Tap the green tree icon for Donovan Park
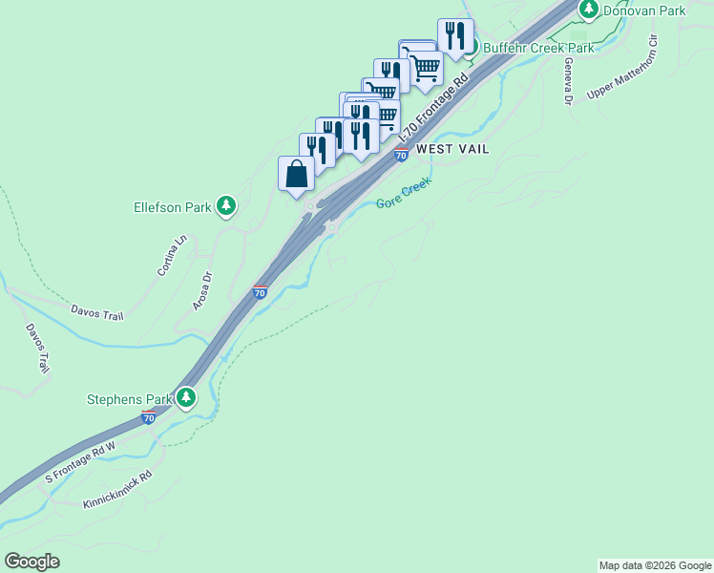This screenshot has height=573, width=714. coord(589,10)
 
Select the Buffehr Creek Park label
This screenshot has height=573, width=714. coord(538,48)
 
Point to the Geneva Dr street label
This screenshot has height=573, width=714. coord(567,81)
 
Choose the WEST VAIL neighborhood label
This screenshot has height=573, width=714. coord(452,150)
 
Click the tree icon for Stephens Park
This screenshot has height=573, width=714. coord(186,396)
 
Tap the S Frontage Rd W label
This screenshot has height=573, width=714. coord(80,465)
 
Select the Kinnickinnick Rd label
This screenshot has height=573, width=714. coord(117,489)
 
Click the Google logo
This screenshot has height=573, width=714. coord(31,562)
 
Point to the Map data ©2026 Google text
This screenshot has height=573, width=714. coord(654,565)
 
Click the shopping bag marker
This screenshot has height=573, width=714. coord(296,174)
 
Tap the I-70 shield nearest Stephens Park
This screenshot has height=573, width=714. coord(148,418)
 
